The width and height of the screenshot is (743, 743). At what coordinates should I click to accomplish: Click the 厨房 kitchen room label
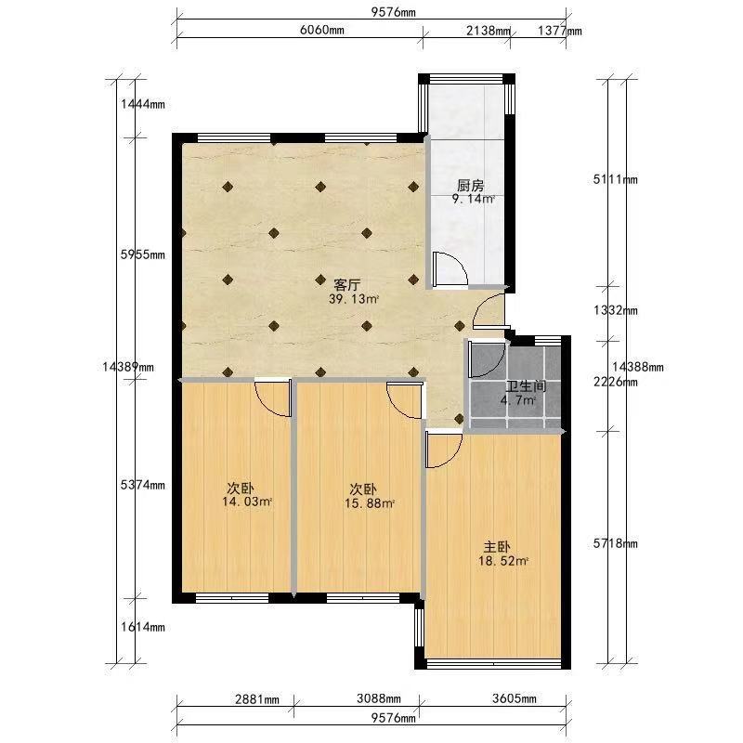470,185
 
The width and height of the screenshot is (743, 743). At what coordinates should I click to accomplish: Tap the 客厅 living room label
346,285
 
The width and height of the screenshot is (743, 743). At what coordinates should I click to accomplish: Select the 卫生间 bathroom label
526,386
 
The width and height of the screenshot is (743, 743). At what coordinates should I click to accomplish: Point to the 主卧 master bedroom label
497,547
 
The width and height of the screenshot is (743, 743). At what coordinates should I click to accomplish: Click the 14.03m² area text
247,502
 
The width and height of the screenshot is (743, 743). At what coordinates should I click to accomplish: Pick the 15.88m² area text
370,503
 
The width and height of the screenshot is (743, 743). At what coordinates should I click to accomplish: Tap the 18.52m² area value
503,561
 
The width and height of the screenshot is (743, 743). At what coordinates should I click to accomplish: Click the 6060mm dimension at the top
321,30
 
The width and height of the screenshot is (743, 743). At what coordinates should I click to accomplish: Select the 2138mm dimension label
489,31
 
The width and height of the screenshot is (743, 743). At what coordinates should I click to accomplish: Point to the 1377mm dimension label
560,31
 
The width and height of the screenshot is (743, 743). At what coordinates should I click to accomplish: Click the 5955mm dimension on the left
143,254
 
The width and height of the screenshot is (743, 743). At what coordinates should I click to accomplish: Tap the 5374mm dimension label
143,485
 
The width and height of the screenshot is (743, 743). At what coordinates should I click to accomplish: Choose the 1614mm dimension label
143,627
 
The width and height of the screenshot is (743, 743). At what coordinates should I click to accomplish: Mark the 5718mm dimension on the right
615,543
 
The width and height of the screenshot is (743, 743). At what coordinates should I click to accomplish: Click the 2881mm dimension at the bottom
257,699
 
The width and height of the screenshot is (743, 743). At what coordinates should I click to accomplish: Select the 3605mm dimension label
515,698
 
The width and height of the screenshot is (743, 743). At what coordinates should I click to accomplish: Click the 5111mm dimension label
615,179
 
